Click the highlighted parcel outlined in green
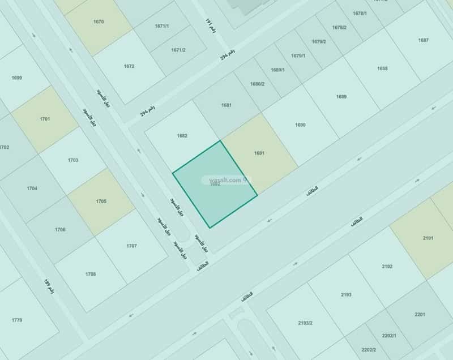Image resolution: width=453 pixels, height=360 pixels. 215,184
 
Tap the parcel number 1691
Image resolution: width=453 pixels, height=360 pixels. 259,153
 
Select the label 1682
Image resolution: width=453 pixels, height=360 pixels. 182,135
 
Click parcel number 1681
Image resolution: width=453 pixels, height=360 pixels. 226,105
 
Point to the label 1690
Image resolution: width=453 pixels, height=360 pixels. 300,125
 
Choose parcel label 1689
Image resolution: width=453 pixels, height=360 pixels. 341,96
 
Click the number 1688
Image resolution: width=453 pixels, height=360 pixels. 382,68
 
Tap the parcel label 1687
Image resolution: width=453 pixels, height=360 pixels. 423,40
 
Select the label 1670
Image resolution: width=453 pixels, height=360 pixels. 99,22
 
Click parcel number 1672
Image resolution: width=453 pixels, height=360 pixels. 129,66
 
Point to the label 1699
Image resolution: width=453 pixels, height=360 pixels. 16,77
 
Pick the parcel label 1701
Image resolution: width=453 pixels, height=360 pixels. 45,119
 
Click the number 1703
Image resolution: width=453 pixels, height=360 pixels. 73,160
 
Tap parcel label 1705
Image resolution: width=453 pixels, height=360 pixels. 101,201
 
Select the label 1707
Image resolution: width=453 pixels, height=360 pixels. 131,246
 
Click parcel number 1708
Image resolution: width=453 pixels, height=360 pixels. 91,274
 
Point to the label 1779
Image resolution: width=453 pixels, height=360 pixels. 16,320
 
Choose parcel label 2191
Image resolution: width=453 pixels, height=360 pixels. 428,238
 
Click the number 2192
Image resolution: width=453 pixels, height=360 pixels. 387,266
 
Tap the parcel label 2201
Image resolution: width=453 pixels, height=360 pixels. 420,314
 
